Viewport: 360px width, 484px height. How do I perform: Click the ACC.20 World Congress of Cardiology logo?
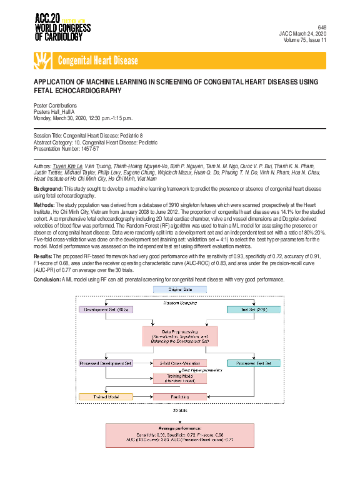click(x=62, y=26)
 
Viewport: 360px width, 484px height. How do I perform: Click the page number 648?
click(x=321, y=28)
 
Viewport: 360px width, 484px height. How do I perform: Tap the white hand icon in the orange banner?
click(x=42, y=61)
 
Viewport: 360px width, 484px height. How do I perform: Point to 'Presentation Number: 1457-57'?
click(x=66, y=148)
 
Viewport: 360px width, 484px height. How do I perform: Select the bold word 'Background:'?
click(x=48, y=188)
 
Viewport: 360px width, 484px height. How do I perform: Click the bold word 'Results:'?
click(x=43, y=256)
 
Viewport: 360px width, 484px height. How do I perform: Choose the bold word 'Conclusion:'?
click(x=47, y=279)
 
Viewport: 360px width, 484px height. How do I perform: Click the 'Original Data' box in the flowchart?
click(x=180, y=290)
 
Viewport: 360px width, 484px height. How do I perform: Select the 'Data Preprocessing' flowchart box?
click(x=180, y=336)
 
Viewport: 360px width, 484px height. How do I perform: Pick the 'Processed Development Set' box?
click(x=106, y=363)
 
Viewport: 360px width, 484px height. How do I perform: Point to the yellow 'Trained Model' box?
click(x=106, y=396)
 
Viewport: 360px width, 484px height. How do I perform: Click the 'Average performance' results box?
click(x=180, y=435)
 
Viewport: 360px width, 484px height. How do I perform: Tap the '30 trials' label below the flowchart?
click(x=180, y=411)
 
